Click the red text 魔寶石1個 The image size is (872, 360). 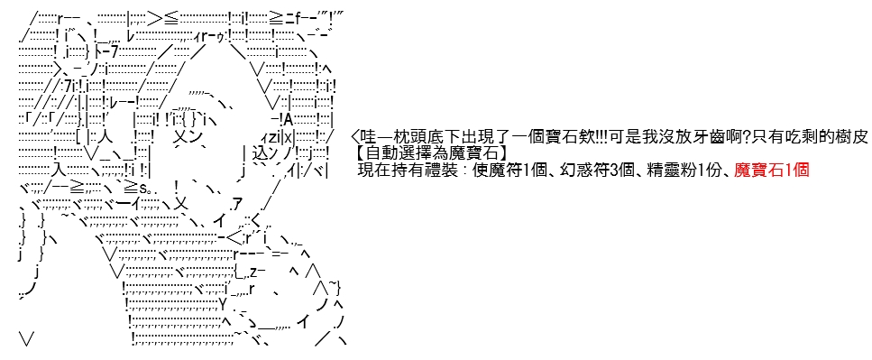tap(771, 171)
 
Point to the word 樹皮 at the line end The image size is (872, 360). tap(852, 136)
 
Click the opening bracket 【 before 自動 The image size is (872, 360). tap(362, 153)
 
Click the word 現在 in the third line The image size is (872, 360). tap(372, 171)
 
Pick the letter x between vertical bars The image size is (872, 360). tap(288, 136)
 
